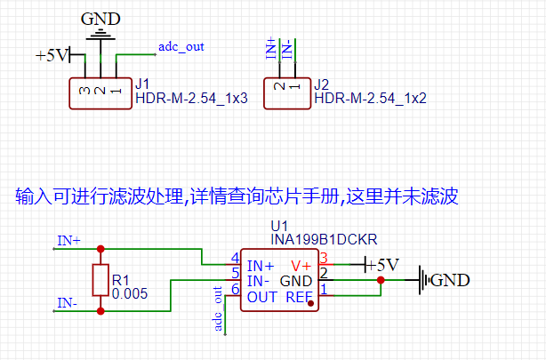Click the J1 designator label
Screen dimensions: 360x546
click(142, 84)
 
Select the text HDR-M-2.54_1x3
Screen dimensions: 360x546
click(191, 99)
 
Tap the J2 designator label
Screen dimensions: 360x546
click(322, 84)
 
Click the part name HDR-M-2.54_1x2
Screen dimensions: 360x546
click(371, 99)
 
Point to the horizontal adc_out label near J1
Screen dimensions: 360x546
click(182, 46)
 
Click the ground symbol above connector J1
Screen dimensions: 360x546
click(101, 33)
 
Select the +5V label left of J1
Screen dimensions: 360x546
click(52, 55)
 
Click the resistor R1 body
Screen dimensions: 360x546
click(100, 280)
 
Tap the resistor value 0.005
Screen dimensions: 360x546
click(130, 292)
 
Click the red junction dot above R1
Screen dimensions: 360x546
click(100, 249)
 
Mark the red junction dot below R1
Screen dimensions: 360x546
click(100, 310)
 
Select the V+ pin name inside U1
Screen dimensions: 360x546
click(301, 265)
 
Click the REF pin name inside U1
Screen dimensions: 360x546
click(299, 297)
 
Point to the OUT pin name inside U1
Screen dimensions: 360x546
click(262, 297)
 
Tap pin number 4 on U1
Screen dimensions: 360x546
click(235, 258)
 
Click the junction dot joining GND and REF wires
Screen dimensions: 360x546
click(381, 281)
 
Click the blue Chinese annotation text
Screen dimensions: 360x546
click(236, 196)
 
